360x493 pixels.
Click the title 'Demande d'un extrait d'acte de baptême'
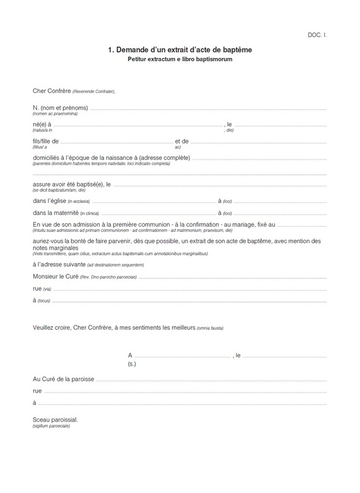coord(179,49)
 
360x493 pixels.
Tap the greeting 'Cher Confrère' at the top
coord(52,91)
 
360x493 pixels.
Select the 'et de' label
coord(182,141)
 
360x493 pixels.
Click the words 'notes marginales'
coord(54,248)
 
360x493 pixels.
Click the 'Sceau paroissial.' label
coord(55,420)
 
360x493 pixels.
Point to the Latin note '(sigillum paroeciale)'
coord(51,426)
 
